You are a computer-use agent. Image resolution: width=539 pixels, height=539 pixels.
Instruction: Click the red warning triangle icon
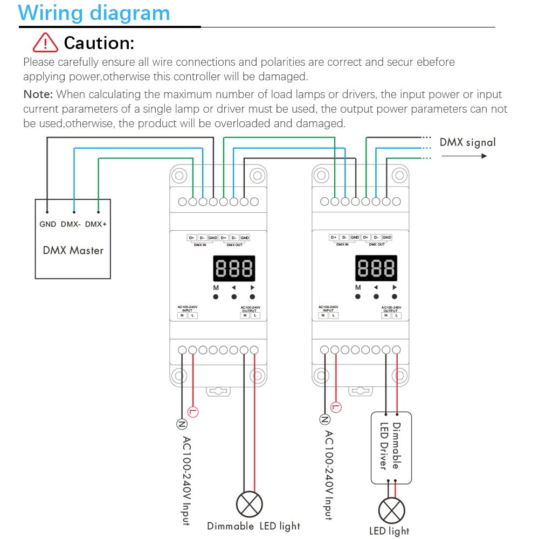(x=45, y=42)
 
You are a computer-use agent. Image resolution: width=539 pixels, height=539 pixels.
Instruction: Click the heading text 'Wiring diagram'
(x=94, y=12)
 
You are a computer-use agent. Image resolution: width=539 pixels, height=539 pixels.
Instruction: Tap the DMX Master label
(x=73, y=251)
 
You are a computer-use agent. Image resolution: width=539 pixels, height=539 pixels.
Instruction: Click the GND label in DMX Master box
(x=48, y=224)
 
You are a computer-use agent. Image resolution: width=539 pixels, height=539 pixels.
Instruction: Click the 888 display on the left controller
(x=234, y=268)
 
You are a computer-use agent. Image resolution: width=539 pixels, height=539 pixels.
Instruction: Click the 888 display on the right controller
(x=376, y=268)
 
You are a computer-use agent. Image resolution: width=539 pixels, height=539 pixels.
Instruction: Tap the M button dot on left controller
(x=215, y=297)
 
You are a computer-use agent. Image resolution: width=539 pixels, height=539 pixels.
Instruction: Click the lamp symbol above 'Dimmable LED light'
(x=250, y=505)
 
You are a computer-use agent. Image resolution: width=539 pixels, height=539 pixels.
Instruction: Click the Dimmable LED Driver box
(x=391, y=447)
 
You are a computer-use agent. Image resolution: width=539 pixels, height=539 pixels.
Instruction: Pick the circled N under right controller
(x=325, y=419)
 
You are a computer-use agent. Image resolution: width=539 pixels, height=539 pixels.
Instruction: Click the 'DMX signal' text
(x=467, y=142)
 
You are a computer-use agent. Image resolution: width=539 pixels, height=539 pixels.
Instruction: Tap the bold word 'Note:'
(x=38, y=94)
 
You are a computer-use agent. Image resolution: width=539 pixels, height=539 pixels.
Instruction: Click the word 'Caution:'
(x=99, y=42)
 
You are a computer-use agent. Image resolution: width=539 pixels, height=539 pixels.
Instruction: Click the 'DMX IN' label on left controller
(x=200, y=245)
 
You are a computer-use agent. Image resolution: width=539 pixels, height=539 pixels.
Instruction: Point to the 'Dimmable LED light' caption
(x=253, y=526)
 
